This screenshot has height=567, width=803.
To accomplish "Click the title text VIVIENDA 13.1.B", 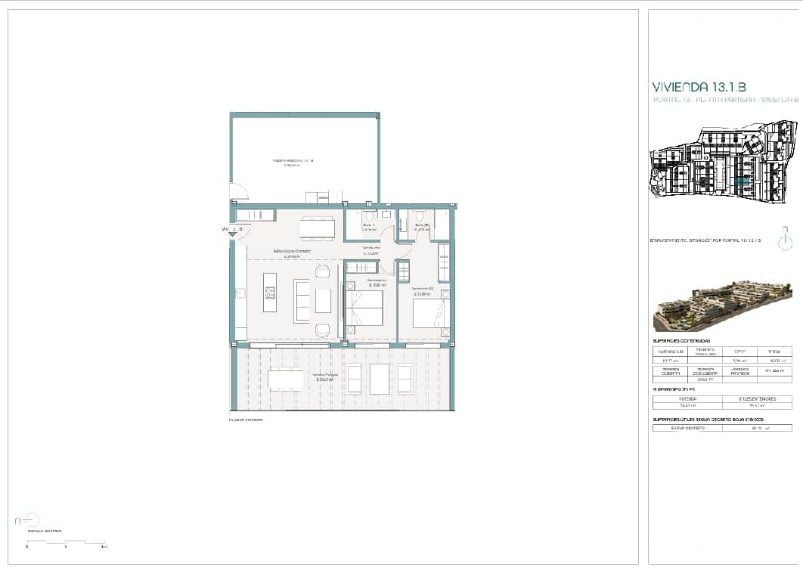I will (x=698, y=87).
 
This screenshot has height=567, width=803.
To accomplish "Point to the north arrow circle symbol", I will (x=31, y=519).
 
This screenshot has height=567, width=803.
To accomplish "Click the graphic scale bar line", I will (x=65, y=542).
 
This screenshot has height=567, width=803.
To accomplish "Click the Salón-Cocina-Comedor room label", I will (x=292, y=252).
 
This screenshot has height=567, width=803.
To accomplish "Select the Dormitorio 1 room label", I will (x=377, y=281).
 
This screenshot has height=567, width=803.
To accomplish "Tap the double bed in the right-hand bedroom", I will (x=432, y=313).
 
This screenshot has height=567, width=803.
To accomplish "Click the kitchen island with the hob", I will (x=270, y=292).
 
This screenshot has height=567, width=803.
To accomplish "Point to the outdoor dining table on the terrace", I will (x=286, y=380).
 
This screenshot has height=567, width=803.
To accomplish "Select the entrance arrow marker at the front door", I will (x=233, y=234).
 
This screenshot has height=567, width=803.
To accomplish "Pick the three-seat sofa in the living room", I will (x=302, y=300).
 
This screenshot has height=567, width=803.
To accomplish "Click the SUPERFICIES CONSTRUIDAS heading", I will (x=681, y=342).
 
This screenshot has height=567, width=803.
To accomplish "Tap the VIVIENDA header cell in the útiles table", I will (x=687, y=398).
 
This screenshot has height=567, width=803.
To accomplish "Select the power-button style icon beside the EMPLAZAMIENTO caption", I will (x=786, y=240).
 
